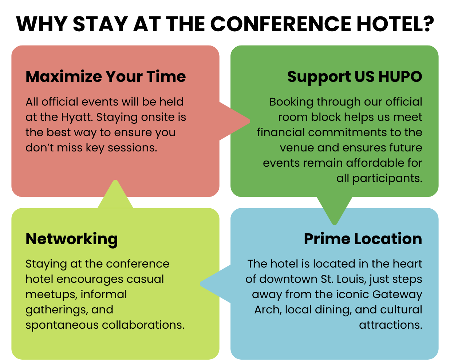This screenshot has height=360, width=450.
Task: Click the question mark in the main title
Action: pos(427,24)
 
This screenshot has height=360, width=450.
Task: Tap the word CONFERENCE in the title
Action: pos(281,24)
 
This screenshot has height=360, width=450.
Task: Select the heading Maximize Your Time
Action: pos(106,76)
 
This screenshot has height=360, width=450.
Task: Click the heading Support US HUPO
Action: pos(355,77)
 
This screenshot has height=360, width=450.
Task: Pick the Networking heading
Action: pos(71,240)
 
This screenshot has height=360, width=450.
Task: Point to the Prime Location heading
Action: pos(363,239)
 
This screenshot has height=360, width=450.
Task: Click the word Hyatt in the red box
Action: pos(77,118)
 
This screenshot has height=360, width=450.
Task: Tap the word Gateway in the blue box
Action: pos(397,295)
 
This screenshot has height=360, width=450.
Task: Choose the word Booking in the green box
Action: pos(291,102)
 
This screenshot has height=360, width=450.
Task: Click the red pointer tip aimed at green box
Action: pos(250,121)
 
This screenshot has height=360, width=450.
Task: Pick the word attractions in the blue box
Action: pos(391,325)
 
